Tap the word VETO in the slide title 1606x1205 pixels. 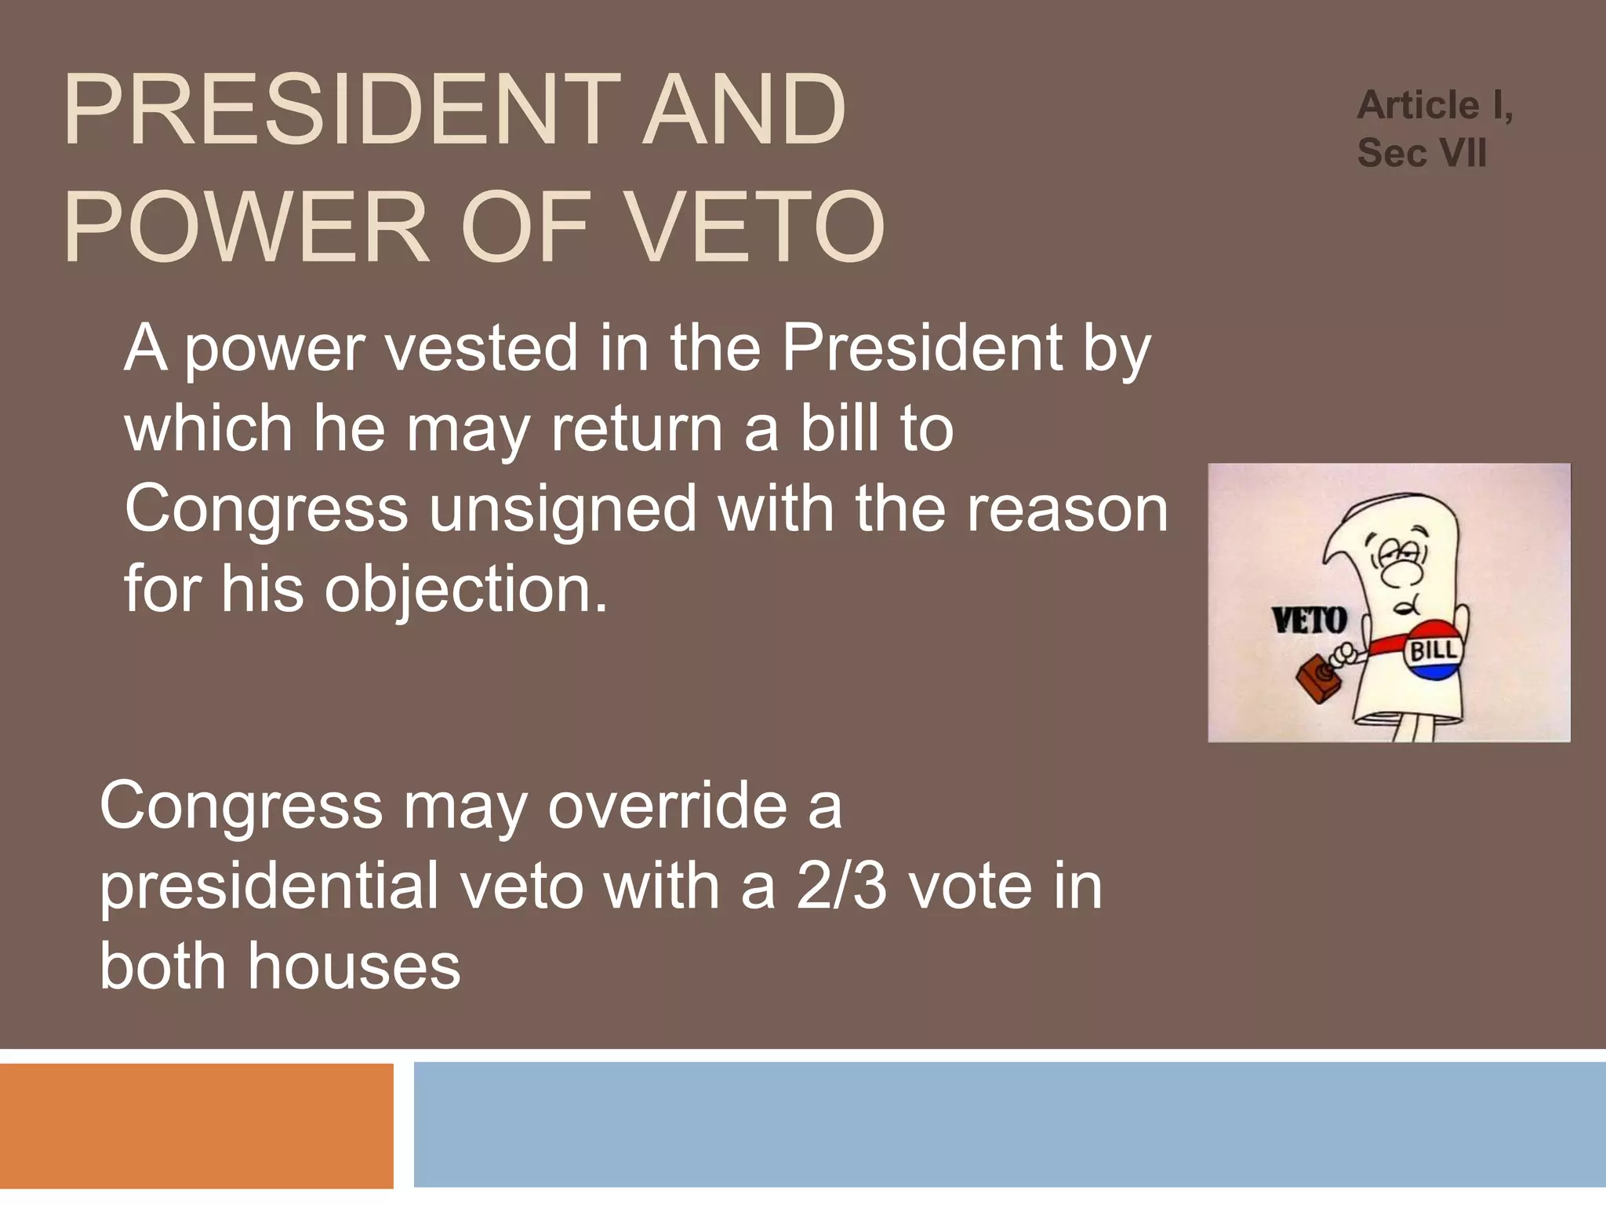coord(757,227)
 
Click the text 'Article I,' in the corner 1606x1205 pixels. coord(1435,106)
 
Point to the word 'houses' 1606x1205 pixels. coord(354,967)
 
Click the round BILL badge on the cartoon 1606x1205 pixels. coord(1433,650)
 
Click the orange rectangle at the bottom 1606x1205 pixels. coord(196,1126)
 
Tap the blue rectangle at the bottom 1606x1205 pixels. coord(1010,1125)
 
